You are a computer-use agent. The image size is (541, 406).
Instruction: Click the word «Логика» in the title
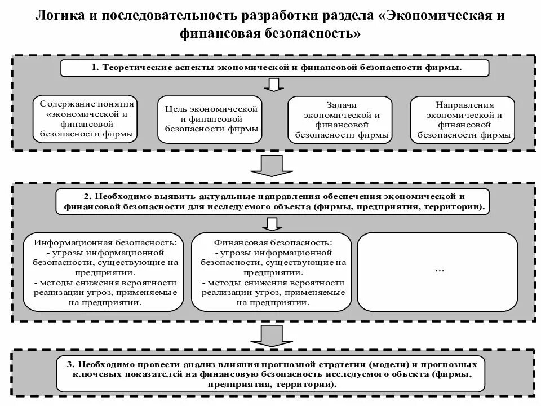pyautogui.click(x=60, y=15)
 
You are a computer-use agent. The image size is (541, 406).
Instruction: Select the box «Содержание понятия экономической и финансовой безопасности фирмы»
pyautogui.click(x=87, y=120)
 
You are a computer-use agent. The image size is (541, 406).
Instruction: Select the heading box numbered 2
pyautogui.click(x=273, y=202)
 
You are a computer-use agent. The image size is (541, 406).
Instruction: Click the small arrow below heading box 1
pyautogui.click(x=273, y=85)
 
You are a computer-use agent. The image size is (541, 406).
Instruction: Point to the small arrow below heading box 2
pyautogui.click(x=273, y=224)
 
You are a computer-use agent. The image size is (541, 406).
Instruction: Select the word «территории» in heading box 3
pyautogui.click(x=309, y=384)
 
